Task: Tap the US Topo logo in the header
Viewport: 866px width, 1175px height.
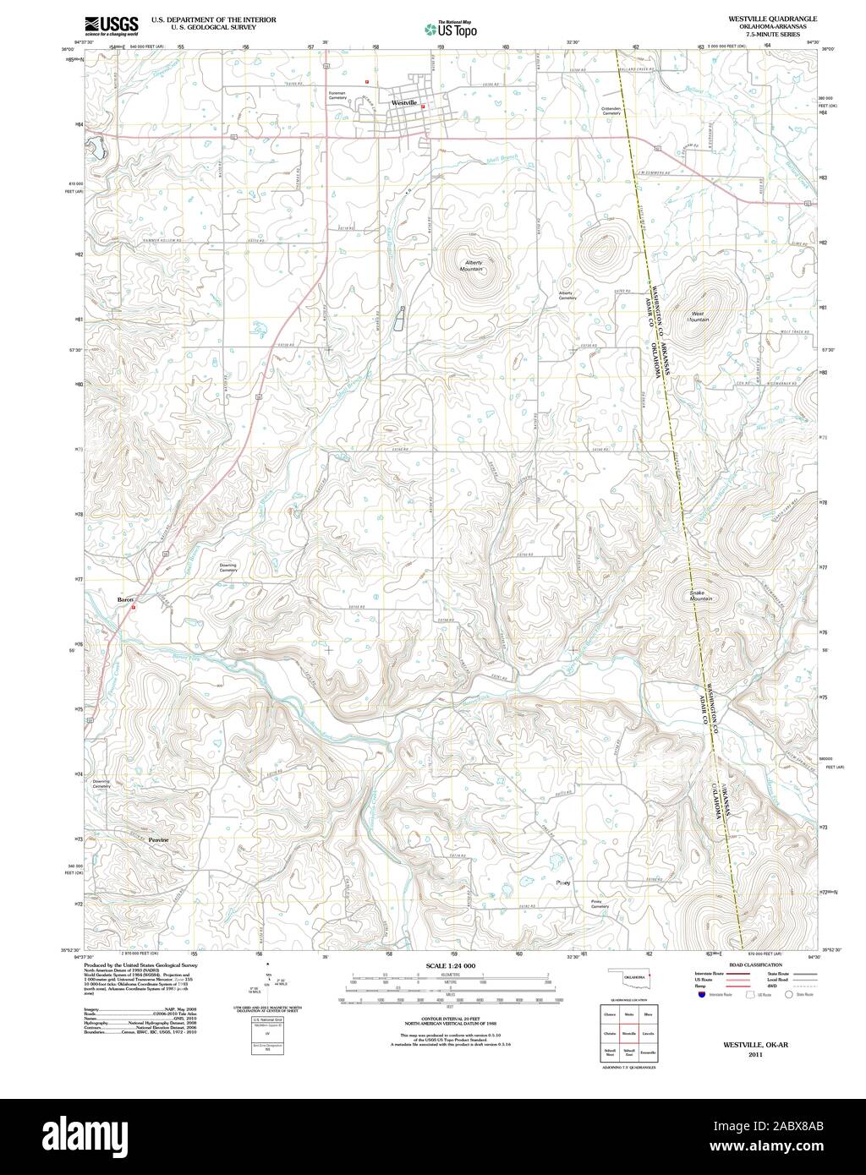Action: click(451, 29)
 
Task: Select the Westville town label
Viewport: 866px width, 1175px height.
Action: click(404, 103)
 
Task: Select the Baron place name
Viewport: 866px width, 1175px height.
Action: click(125, 599)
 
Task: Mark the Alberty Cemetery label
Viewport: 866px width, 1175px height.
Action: click(567, 296)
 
